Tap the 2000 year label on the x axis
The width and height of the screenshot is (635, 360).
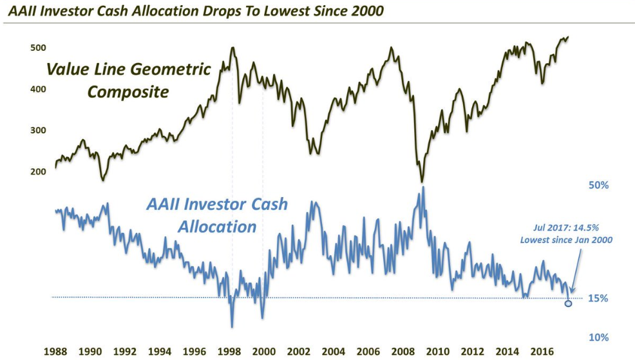pos(263,352)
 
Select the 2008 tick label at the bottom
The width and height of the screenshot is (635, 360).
pos(403,352)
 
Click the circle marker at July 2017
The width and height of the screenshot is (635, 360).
pos(568,303)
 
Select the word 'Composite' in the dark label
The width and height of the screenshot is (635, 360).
pos(128,92)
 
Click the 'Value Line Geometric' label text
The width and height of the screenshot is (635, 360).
pos(128,69)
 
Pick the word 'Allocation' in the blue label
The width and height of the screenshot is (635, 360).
pos(217,227)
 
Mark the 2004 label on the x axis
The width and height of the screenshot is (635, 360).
pos(333,352)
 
